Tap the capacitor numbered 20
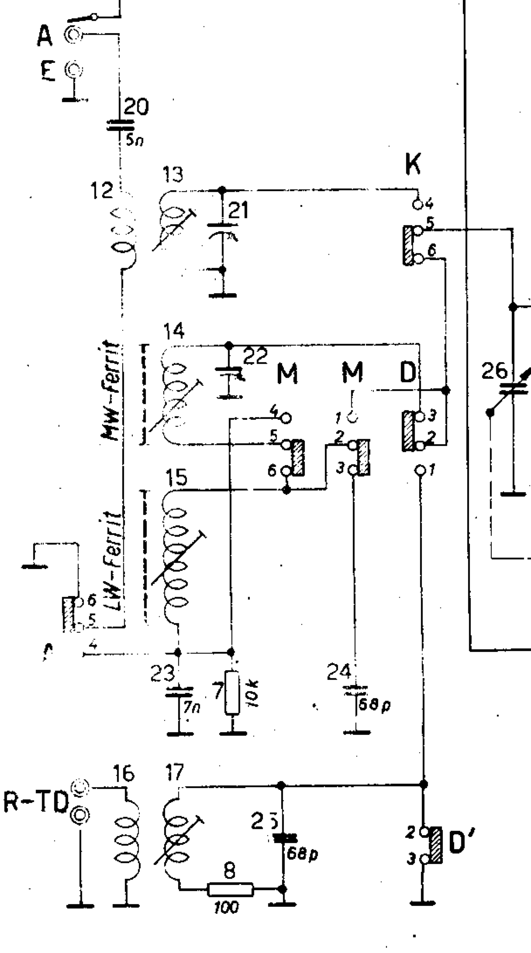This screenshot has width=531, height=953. pos(119,127)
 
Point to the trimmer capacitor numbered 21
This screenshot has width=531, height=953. pos(222,230)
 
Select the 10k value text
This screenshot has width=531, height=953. pos(255,694)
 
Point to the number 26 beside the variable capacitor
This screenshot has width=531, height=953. pos(494,372)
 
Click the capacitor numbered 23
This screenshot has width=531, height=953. pos(179,693)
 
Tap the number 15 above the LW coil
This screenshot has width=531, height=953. pos(176,478)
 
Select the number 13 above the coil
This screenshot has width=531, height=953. pos(173,175)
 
